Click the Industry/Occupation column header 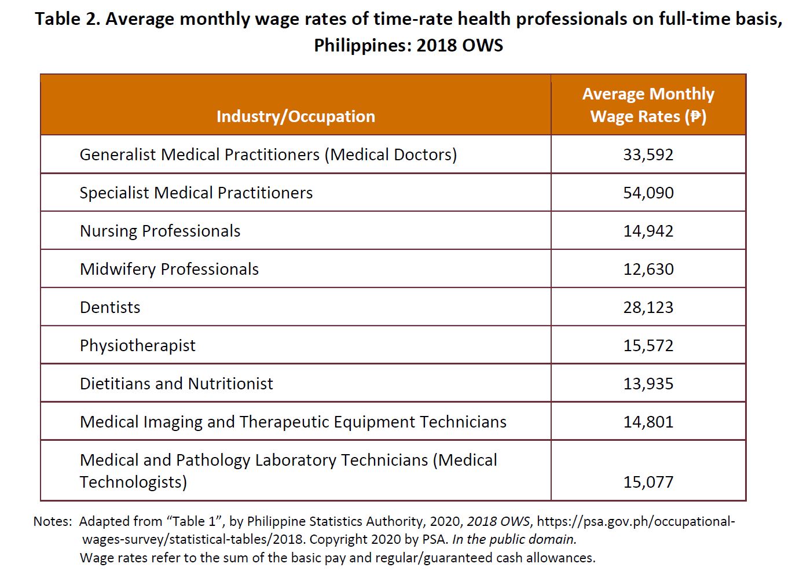tap(295, 116)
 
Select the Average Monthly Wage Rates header tap(648, 105)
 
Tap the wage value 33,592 tap(648, 154)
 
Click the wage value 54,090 tap(648, 193)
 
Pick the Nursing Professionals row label tap(160, 231)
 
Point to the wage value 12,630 tap(648, 269)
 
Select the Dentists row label tap(110, 307)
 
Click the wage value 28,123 tap(648, 307)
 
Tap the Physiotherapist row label tap(137, 345)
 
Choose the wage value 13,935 tap(648, 384)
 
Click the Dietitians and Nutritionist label tap(176, 384)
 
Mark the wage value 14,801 tap(648, 422)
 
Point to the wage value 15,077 tap(648, 482)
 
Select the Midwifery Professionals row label tap(169, 269)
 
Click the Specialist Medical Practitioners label tap(196, 193)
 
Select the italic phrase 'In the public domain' tap(514, 539)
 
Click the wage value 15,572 tap(648, 345)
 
